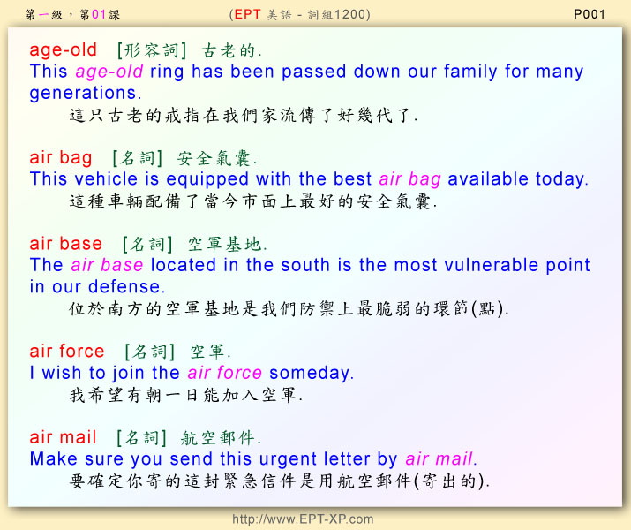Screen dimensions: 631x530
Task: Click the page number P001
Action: click(590, 14)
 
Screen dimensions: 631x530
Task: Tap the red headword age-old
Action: click(64, 50)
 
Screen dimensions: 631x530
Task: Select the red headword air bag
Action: click(61, 158)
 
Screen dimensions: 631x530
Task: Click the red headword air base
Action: click(66, 244)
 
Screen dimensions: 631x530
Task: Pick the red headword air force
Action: click(67, 352)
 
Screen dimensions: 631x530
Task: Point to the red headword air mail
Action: click(63, 437)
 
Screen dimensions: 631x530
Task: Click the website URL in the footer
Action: click(303, 519)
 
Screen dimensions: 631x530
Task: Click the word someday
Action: click(310, 373)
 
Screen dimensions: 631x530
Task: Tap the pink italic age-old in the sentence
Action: click(109, 72)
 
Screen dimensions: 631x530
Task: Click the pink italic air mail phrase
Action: click(439, 459)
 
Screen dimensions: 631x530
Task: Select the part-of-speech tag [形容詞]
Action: click(152, 50)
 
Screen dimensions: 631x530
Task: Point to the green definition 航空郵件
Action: click(218, 438)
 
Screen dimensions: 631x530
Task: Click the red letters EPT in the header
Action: click(247, 14)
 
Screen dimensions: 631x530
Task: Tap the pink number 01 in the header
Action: click(99, 15)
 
